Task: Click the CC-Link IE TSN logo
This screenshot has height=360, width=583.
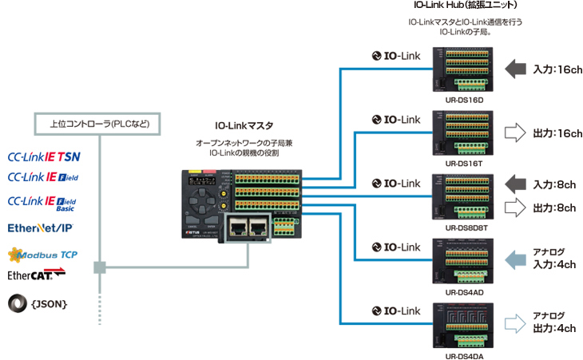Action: [43, 157]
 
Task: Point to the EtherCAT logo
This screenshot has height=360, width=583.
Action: [36, 275]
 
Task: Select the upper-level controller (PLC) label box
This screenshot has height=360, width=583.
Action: [100, 124]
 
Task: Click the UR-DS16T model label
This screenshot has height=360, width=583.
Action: [461, 162]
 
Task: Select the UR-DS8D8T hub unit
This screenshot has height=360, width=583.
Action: [461, 195]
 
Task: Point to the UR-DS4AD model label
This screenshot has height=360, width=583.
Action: [461, 292]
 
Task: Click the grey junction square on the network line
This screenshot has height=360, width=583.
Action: [100, 267]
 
